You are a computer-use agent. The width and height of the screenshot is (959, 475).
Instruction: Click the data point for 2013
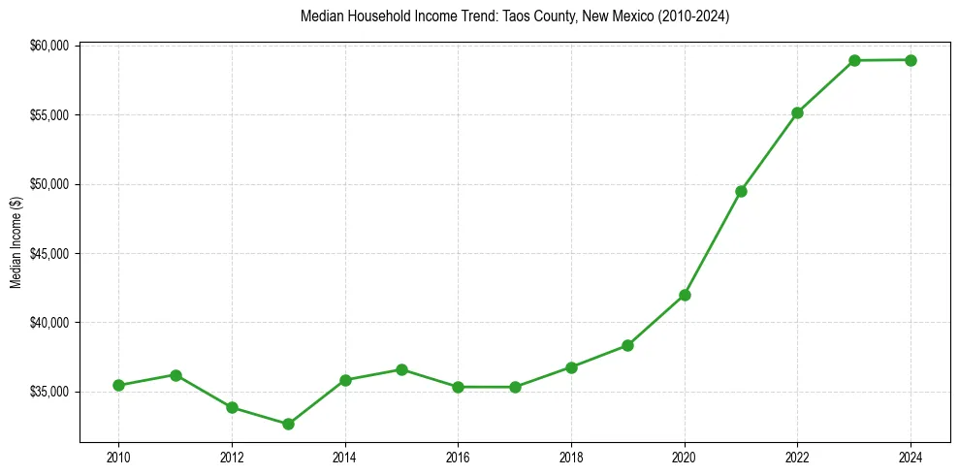tap(288, 424)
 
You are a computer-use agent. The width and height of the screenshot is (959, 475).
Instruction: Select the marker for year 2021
tap(741, 191)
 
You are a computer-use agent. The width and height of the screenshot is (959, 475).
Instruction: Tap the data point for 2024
tap(911, 60)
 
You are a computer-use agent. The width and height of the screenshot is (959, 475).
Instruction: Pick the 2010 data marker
tap(118, 385)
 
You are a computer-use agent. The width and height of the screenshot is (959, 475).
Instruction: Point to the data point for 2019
tap(627, 345)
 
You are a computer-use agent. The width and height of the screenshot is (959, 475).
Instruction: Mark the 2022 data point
tap(797, 112)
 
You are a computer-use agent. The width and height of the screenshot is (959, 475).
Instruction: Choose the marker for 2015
tap(401, 369)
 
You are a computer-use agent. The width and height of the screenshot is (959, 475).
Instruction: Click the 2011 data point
tap(176, 375)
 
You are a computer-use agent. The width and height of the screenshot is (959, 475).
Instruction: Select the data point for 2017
tap(515, 387)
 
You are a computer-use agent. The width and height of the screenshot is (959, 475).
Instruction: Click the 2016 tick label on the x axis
tap(458, 457)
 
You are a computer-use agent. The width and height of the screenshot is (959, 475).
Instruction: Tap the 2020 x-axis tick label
tap(685, 457)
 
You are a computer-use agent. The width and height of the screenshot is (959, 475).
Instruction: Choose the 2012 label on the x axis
tap(232, 457)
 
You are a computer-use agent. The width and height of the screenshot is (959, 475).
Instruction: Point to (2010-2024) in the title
tap(693, 16)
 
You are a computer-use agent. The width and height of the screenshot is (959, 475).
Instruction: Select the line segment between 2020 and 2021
tap(713, 242)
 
